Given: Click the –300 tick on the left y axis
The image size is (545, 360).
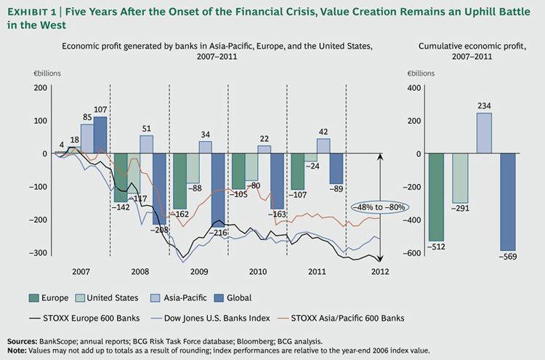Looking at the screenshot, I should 39,253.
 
